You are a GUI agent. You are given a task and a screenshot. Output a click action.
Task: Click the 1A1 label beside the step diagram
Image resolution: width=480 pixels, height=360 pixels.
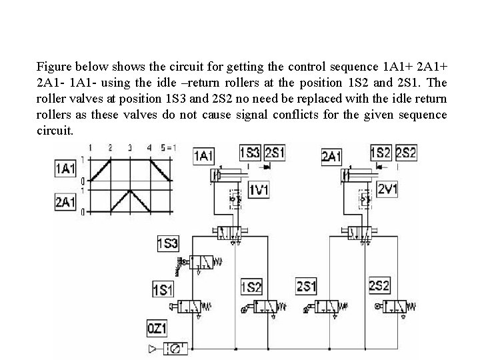65,169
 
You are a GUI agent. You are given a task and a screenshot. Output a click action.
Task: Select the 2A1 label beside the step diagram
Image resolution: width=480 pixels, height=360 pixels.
65,201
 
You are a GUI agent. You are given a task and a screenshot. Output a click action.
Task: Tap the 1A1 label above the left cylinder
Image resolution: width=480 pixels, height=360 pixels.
203,156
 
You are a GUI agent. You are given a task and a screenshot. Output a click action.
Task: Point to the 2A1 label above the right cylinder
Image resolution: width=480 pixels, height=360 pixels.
332,156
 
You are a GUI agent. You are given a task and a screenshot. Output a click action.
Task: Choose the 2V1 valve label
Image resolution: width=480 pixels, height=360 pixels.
387,189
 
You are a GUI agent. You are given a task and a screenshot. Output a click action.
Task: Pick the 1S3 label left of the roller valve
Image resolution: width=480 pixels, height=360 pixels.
167,243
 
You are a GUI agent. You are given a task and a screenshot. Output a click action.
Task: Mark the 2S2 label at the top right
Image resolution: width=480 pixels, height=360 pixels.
405,153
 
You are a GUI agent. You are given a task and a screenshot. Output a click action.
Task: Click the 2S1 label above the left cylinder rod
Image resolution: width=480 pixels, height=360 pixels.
275,153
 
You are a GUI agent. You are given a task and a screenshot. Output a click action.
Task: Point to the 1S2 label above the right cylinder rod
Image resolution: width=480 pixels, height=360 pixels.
381,153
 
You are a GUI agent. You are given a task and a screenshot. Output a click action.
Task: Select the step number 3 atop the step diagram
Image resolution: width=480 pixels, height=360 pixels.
129,147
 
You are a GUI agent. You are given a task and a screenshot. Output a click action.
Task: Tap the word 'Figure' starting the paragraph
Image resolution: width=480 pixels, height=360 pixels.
54,67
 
